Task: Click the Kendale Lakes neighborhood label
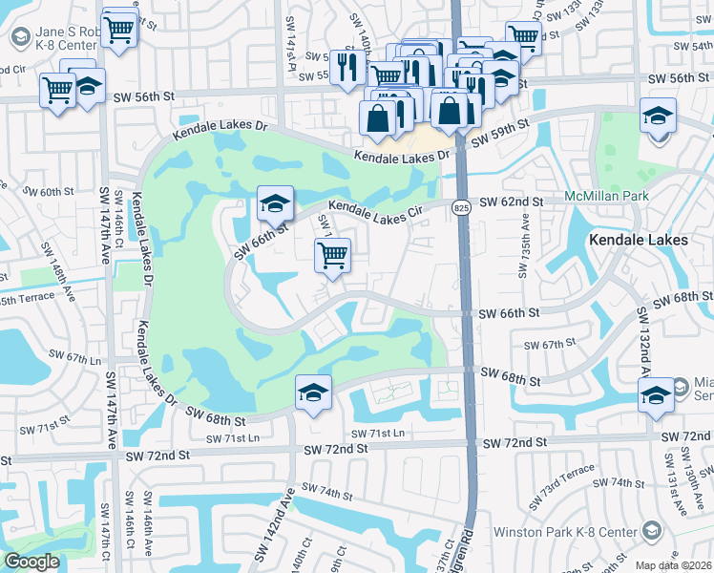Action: click(x=638, y=240)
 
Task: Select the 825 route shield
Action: click(x=462, y=206)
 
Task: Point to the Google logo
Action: click(x=32, y=562)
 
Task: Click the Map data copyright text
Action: click(x=673, y=565)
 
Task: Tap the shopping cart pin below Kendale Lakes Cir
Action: click(x=332, y=255)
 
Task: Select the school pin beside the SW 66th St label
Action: click(x=274, y=203)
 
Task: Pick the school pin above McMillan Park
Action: click(x=659, y=117)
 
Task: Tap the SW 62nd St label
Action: click(x=511, y=202)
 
